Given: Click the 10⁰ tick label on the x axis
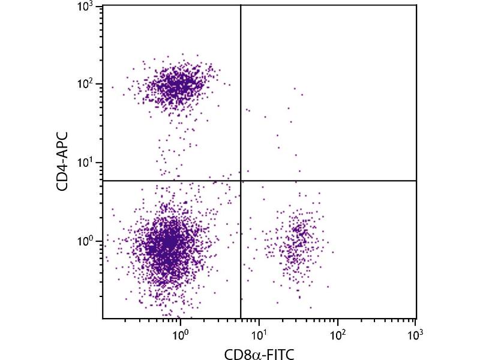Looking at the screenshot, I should [x=180, y=330].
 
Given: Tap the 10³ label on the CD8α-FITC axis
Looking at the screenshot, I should [x=415, y=330].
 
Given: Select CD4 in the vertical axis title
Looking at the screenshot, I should [x=62, y=180].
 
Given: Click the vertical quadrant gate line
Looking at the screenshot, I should [x=241, y=90].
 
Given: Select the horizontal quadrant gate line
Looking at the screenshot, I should [x=330, y=181].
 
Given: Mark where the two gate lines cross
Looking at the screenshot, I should [x=241, y=181].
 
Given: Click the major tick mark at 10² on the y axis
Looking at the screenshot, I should [x=105, y=84].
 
